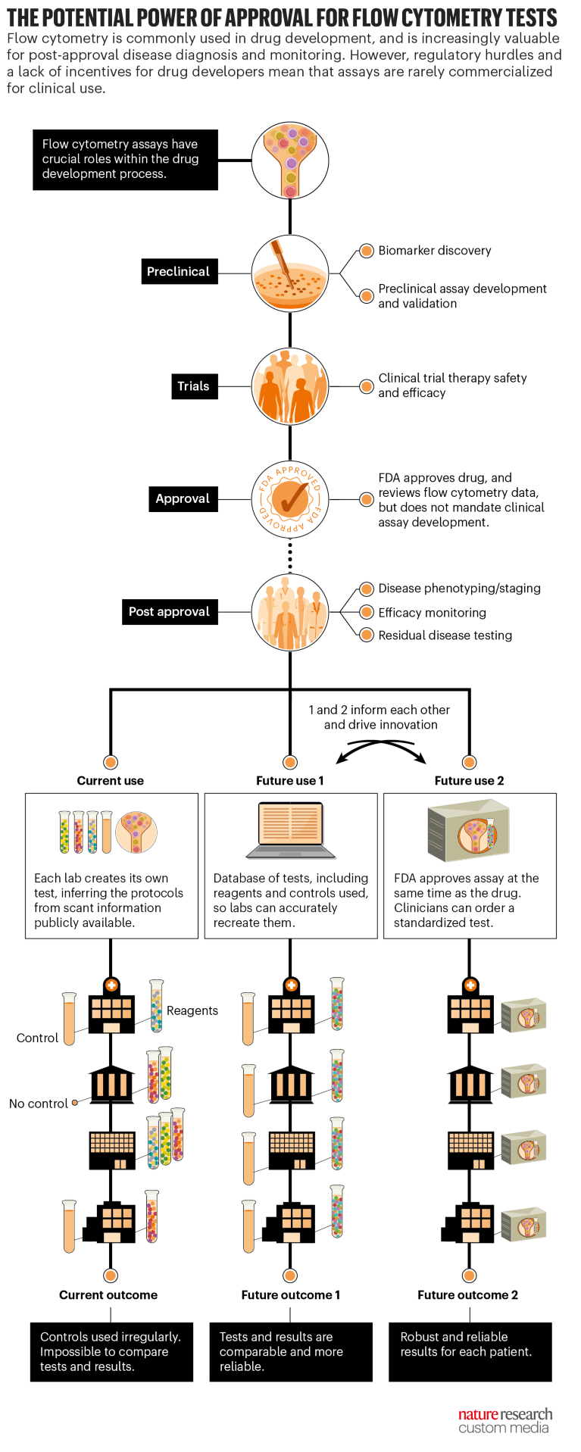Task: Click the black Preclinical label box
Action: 179,272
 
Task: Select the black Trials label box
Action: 193,386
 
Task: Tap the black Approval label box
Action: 183,498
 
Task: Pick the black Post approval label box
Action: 169,611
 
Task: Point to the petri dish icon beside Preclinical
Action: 290,273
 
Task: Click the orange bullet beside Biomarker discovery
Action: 367,251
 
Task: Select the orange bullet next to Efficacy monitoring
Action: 367,612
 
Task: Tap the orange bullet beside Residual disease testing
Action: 367,635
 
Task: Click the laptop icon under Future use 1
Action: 291,831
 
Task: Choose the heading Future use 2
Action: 469,781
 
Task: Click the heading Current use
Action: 111,781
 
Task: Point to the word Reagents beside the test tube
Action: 192,1010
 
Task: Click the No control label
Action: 39,1104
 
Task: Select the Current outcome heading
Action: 108,1295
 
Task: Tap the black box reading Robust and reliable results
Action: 470,1352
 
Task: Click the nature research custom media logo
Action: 505,1421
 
